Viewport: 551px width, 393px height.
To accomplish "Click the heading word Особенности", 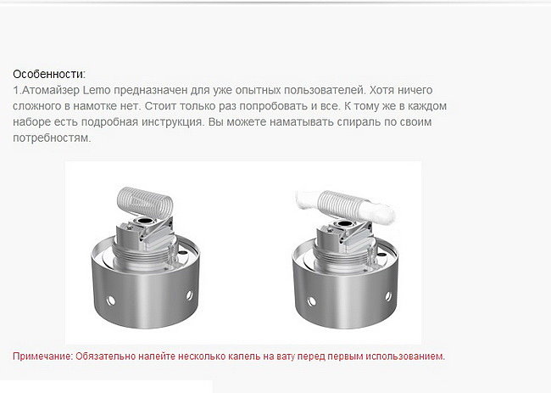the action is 48,74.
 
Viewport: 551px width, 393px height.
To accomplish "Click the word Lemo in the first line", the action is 97,90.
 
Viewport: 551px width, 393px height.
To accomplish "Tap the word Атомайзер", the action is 51,90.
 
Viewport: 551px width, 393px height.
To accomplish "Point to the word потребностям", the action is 52,138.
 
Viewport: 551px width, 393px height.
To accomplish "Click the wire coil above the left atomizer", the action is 145,202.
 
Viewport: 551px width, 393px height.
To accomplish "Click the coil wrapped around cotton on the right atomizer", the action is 342,205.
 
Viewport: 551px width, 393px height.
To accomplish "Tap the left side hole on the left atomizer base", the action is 111,300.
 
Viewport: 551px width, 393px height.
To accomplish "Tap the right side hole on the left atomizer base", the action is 189,295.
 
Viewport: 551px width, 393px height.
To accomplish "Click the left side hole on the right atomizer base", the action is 311,301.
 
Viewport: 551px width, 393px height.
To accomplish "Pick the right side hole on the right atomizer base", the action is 388,296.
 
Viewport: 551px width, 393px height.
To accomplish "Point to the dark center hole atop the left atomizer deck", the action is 145,222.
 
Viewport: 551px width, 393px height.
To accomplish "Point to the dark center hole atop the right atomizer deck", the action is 344,224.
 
